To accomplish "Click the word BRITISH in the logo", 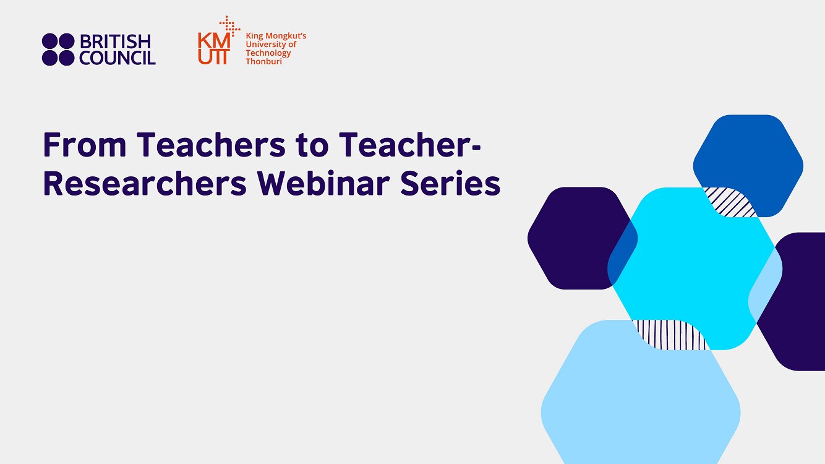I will pyautogui.click(x=115, y=42).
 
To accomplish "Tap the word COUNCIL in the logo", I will pyautogui.click(x=118, y=58).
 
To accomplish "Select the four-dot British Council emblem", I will pyautogui.click(x=58, y=49).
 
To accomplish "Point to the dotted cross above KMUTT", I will pyautogui.click(x=230, y=25).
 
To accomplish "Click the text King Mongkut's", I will pyautogui.click(x=276, y=37).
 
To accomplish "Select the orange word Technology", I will pyautogui.click(x=268, y=53).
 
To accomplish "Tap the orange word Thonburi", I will pyautogui.click(x=263, y=61).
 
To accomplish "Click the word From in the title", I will pyautogui.click(x=85, y=145).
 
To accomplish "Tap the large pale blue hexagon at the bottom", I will pyautogui.click(x=640, y=402).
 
